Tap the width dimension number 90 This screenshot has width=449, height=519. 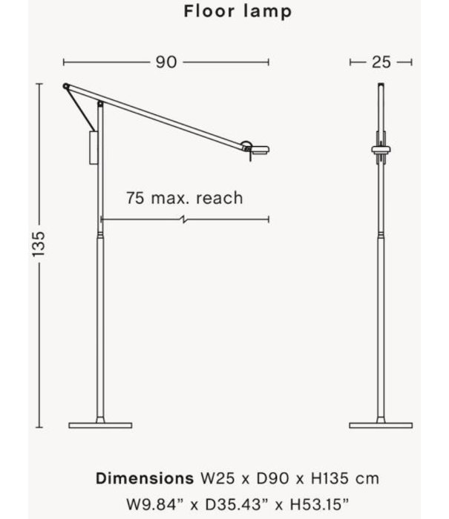coord(166,62)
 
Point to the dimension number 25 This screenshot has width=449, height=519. coord(381,62)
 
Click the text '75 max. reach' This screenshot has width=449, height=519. coord(184,198)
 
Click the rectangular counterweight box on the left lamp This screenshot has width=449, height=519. coord(92,147)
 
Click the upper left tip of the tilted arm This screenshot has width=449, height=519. coord(67,85)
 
